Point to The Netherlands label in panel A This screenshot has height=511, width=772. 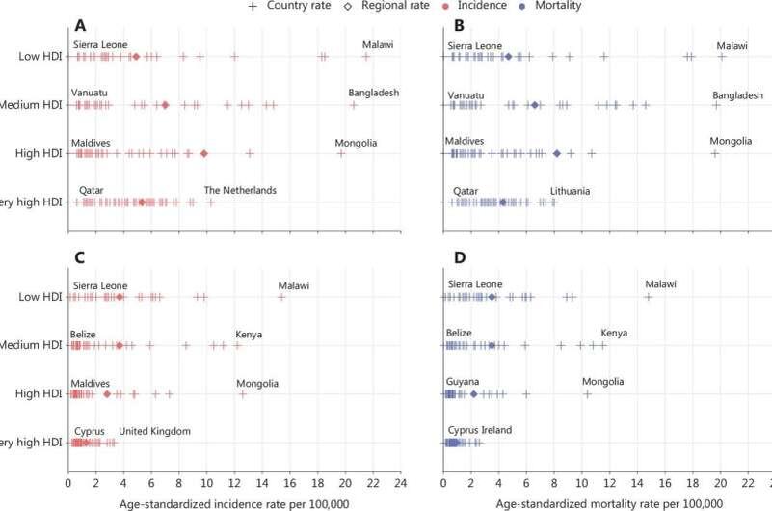(x=240, y=190)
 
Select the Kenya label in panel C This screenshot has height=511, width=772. (x=250, y=334)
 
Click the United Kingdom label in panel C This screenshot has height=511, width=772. (x=154, y=431)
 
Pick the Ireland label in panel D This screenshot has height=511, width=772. (x=495, y=431)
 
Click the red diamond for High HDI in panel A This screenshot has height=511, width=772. (x=203, y=153)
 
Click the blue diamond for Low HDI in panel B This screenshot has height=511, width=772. (x=508, y=57)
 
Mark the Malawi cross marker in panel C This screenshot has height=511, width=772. (x=281, y=297)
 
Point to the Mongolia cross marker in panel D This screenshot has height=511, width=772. (x=587, y=393)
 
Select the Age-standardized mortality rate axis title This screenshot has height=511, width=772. (x=607, y=501)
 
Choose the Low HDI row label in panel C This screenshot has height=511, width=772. (x=39, y=297)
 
